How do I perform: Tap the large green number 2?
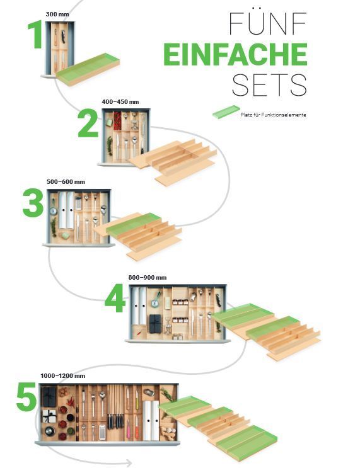(88, 123)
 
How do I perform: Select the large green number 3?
(33, 203)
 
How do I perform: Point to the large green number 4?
(115, 298)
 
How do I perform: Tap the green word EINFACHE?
(235, 54)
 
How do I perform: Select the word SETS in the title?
(269, 84)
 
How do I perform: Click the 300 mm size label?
(57, 14)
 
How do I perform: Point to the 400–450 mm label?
(120, 102)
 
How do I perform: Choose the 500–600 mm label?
(66, 182)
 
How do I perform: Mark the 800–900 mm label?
(148, 278)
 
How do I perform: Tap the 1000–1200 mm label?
(63, 376)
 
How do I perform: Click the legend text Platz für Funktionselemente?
(273, 115)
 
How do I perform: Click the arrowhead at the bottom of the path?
(129, 463)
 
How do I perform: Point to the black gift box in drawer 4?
(155, 323)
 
